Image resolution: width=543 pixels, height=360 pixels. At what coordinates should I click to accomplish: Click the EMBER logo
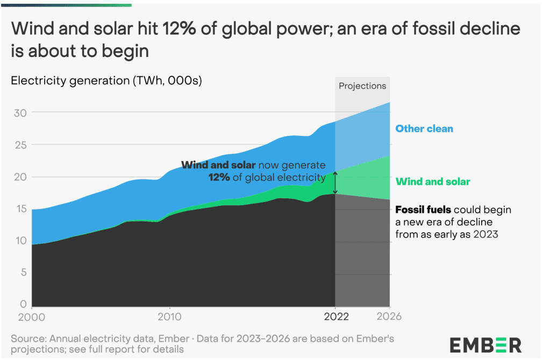point(485,344)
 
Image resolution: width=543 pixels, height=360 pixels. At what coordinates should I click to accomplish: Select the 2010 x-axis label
point(170,316)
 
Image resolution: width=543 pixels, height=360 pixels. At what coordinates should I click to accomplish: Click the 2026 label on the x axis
point(389,316)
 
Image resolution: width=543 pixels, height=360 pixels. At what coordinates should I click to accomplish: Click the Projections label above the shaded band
point(362,86)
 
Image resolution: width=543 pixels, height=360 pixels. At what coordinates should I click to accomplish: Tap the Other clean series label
point(424,129)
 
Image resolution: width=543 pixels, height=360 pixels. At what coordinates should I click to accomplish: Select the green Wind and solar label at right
point(432,182)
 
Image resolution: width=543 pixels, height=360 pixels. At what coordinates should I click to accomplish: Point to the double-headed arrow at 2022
point(335,183)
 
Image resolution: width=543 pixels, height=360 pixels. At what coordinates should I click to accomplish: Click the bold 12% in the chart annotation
point(220,177)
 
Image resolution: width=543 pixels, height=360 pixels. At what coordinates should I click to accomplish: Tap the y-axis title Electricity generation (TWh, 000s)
point(106,81)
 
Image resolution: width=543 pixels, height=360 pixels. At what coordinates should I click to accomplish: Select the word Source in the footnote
point(27,339)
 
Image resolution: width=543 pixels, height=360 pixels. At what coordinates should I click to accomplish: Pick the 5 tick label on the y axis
point(22,272)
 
